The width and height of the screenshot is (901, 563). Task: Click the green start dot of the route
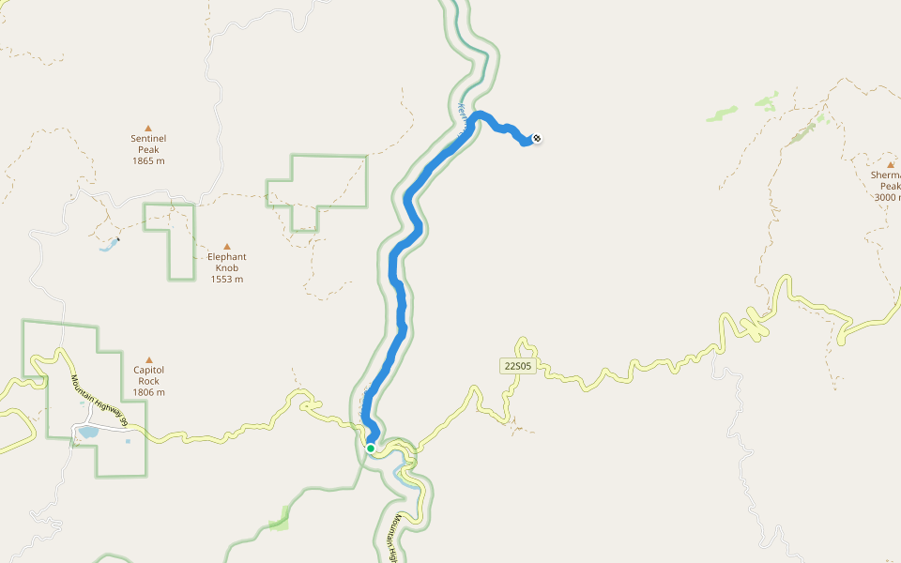point(371,449)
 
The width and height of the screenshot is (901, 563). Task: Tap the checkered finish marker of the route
point(537,140)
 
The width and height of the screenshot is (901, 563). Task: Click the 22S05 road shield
point(516,366)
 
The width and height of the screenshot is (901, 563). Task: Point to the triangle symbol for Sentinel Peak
point(148,128)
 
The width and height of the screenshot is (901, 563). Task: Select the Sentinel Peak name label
point(148,144)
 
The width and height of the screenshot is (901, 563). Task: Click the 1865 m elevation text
point(148,161)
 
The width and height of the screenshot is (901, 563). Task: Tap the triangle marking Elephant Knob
point(226,247)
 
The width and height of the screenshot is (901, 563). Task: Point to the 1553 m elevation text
point(226,280)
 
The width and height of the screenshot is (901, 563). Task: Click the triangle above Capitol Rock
point(148,359)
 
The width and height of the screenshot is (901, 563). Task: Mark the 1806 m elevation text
point(148,392)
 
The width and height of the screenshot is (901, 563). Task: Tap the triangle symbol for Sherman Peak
point(890,164)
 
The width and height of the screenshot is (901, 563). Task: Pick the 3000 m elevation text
point(888,197)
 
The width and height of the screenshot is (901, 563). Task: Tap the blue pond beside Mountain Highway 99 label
point(88,433)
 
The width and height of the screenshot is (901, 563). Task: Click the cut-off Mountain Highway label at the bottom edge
point(399,540)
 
